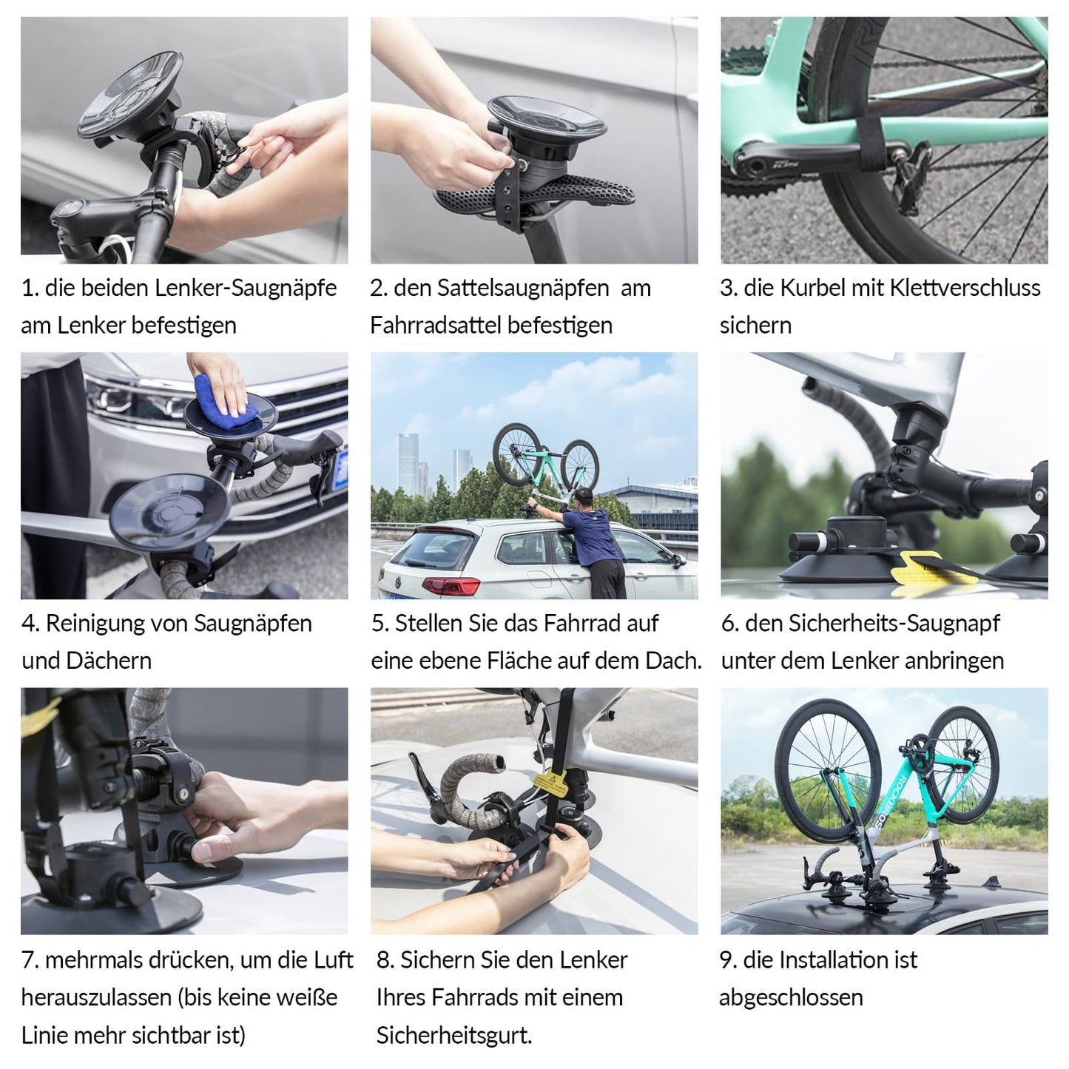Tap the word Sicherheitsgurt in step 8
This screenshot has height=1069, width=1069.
click(453, 1035)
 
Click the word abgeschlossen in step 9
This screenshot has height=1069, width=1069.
click(791, 997)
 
